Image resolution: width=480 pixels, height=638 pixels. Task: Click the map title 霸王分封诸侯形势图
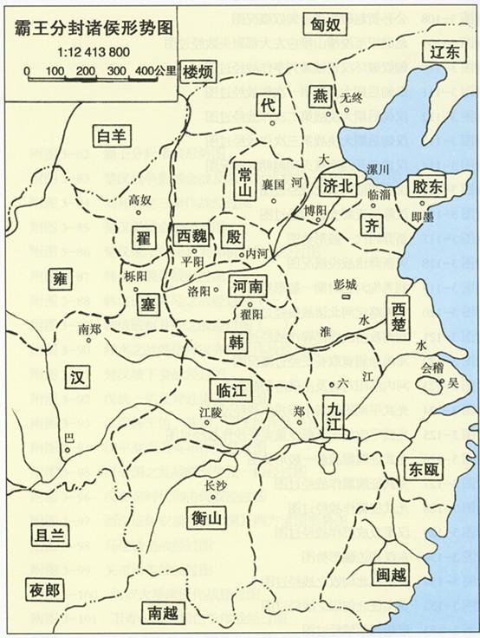point(92,27)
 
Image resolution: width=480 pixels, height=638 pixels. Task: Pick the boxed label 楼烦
point(200,73)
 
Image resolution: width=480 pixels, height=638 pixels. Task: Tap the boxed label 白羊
point(114,136)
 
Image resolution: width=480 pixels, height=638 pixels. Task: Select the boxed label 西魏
point(192,236)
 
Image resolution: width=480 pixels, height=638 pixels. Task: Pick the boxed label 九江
point(334,414)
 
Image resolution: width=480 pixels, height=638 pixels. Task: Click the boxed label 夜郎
point(42,591)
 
